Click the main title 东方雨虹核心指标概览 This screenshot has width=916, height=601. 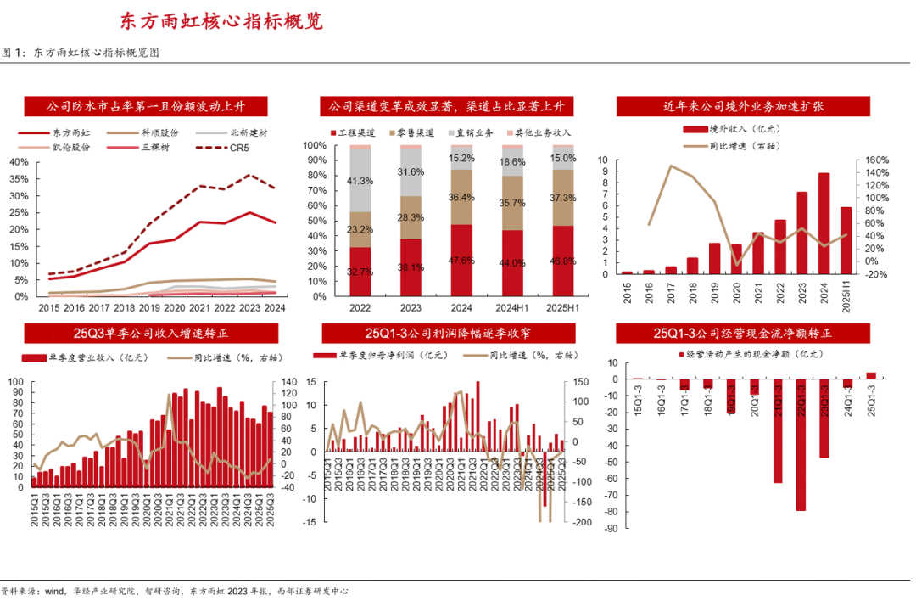pos(221,21)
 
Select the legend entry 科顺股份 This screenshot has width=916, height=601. pos(160,133)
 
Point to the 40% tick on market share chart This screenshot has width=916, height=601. pos(18,161)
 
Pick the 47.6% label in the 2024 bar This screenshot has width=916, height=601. pos(461,261)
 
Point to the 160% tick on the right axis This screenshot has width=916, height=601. pos(875,160)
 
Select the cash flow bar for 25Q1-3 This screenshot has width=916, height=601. pos(871,375)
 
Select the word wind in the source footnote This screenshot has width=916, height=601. pos(55,591)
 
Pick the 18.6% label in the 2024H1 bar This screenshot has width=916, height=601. pos(511,162)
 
